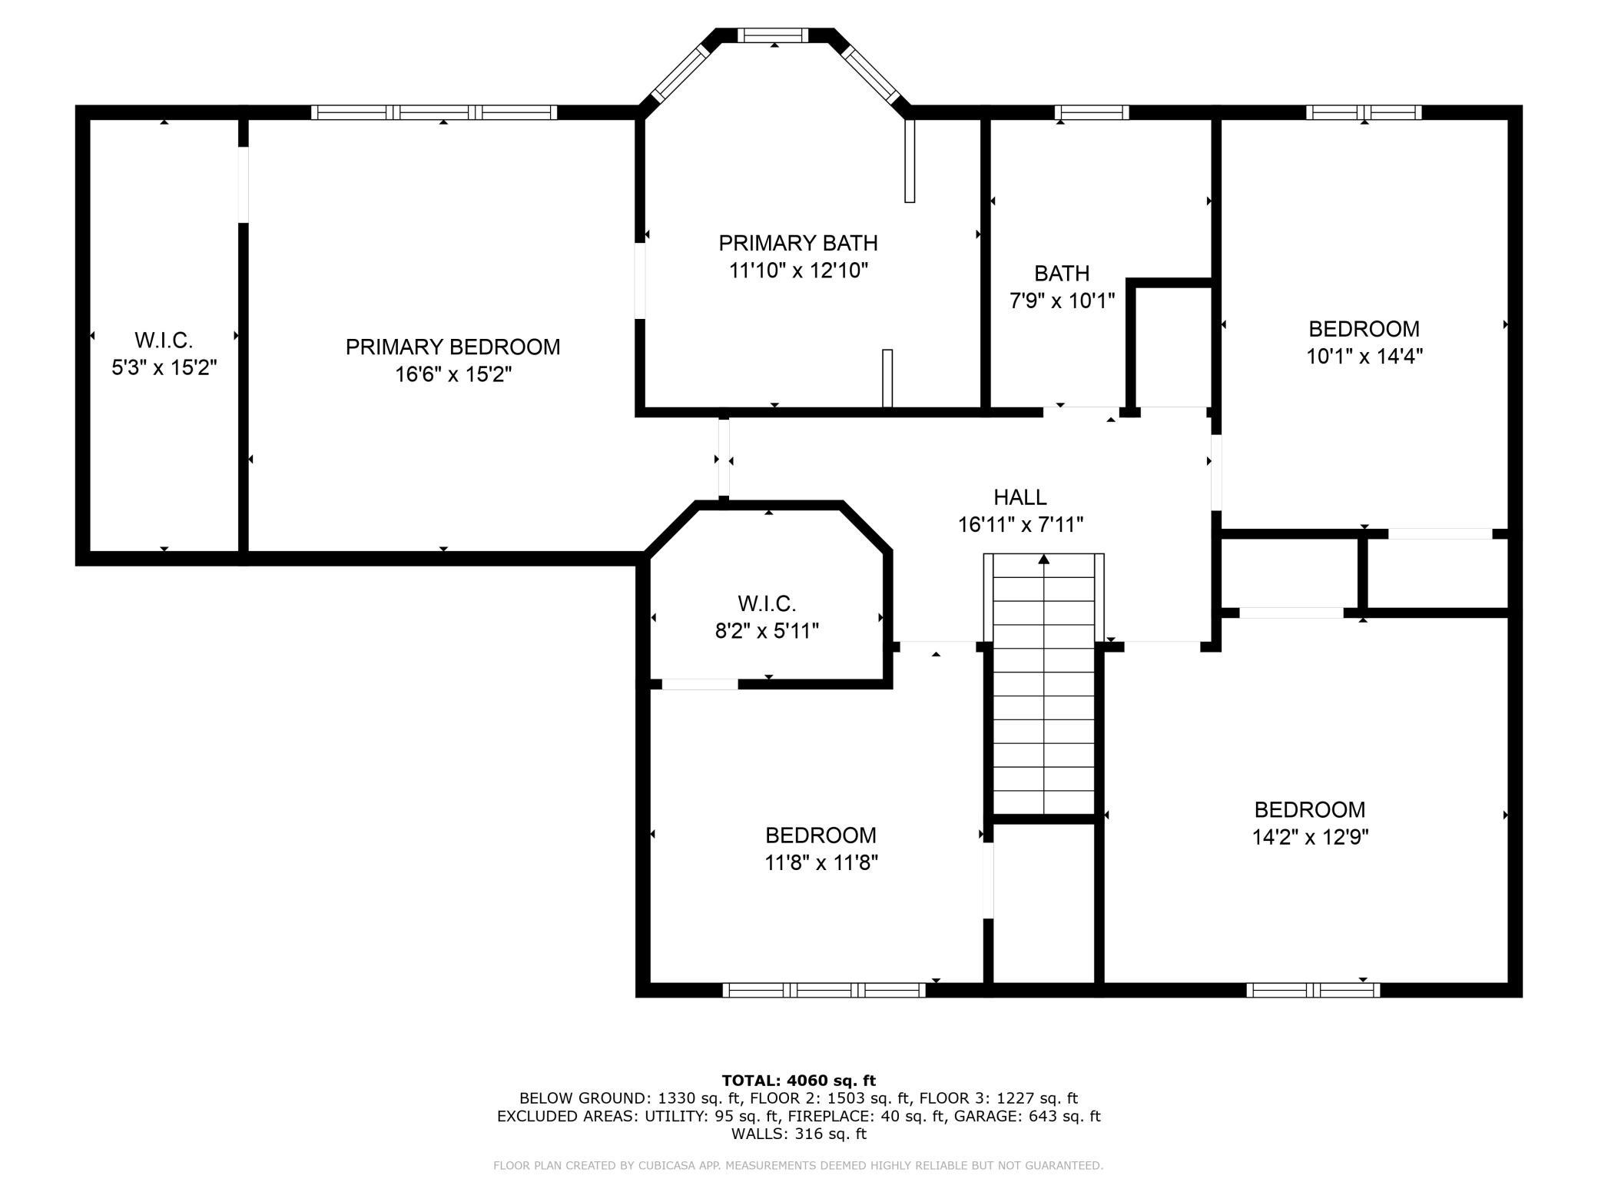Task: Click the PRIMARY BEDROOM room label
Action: click(453, 347)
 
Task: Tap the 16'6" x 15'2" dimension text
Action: click(453, 375)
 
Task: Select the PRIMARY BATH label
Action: click(798, 244)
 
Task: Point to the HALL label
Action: click(1020, 497)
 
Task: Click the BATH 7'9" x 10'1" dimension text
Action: click(1062, 301)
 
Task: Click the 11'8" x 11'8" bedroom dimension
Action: click(821, 863)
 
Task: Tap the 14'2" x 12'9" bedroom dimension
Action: click(1310, 837)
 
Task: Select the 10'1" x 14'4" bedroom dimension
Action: click(1364, 357)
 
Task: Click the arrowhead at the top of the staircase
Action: click(1044, 559)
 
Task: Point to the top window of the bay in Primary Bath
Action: click(773, 35)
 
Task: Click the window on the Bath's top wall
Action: click(1092, 112)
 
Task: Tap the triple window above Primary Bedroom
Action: click(434, 112)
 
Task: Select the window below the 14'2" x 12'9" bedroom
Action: click(1313, 991)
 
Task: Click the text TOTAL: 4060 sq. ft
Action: click(799, 1081)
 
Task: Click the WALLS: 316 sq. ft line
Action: click(799, 1134)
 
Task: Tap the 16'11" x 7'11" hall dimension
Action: click(1020, 525)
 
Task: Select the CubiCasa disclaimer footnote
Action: click(798, 1166)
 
